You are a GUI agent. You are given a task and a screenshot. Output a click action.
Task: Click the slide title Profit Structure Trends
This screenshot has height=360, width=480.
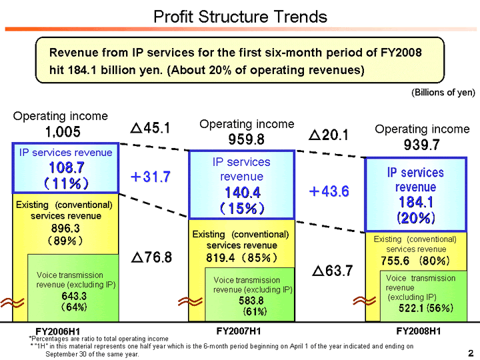click(x=240, y=16)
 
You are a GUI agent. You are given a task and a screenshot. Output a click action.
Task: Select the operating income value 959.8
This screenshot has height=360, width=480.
click(x=246, y=139)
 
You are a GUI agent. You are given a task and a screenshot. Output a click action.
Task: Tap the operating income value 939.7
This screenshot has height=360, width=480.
click(x=421, y=145)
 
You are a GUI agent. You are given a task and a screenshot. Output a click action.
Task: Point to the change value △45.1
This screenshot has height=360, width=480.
click(x=150, y=127)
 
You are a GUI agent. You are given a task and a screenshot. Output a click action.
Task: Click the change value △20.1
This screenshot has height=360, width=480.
click(x=329, y=135)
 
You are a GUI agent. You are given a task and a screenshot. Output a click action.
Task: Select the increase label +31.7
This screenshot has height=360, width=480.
click(x=150, y=177)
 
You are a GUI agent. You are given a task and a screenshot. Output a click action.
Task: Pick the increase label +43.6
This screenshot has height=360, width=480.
click(x=329, y=191)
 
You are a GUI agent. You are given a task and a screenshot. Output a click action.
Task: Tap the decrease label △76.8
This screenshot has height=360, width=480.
click(x=150, y=257)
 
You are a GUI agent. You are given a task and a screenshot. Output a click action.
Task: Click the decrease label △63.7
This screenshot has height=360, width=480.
click(x=334, y=271)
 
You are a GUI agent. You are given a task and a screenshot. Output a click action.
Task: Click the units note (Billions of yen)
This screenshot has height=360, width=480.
click(x=443, y=93)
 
